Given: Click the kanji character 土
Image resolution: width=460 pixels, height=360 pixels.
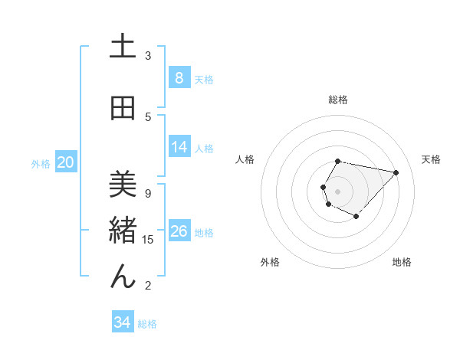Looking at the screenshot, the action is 123,47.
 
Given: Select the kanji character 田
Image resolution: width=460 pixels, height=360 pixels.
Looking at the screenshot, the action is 123,109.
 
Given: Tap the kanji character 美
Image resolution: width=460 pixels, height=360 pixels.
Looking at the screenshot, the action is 123,184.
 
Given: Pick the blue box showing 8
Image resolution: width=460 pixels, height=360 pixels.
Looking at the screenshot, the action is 179,78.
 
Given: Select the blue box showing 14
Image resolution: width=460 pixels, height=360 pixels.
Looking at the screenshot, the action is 179,147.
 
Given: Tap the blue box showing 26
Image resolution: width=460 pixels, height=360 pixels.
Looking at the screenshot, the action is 179,231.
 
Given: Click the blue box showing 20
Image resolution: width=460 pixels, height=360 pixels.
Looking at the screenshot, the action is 66,162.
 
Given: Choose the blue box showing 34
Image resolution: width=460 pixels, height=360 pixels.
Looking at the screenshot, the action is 123,322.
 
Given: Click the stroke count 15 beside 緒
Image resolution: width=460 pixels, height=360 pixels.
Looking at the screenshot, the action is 148,240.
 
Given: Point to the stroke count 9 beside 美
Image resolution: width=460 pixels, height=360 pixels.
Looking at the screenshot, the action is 148,193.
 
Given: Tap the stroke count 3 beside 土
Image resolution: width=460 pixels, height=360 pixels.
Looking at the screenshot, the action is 148,55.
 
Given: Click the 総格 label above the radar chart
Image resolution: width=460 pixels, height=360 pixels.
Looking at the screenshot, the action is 338,100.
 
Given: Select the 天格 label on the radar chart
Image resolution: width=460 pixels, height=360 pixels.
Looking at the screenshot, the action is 431,159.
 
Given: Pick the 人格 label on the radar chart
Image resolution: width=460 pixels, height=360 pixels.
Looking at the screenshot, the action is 245,159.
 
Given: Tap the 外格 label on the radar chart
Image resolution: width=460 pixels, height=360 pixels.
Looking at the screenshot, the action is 270,262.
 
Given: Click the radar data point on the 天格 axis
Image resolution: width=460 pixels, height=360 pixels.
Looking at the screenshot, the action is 396,172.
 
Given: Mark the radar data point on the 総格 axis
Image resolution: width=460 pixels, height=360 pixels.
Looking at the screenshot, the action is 338,161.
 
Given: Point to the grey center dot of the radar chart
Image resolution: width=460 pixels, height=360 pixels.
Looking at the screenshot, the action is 338,191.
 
